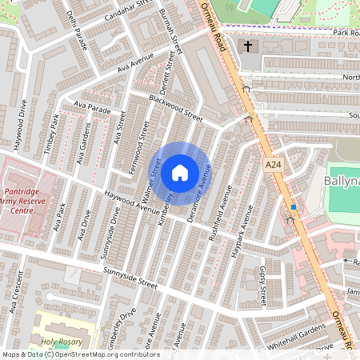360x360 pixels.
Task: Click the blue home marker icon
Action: click(x=180, y=172)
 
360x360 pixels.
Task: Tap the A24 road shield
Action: click(x=274, y=164)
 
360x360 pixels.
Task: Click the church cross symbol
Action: click(x=248, y=46)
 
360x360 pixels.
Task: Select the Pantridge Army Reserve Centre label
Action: click(x=29, y=203)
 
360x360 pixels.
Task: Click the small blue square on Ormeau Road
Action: click(x=294, y=207)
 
